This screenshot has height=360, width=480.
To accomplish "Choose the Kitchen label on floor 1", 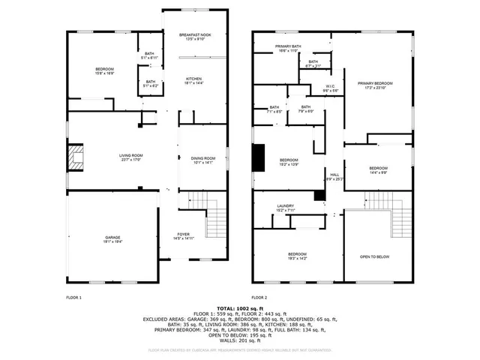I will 194,80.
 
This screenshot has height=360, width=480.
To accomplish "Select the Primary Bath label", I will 287,48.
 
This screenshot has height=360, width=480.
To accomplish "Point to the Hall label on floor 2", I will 334,176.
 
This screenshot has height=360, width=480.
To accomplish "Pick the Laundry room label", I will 285,208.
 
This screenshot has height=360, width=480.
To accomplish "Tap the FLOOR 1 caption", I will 73,298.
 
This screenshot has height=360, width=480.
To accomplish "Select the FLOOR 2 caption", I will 259,298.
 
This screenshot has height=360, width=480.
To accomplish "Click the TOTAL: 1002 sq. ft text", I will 240,308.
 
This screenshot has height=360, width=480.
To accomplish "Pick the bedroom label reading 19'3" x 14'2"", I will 298,256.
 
